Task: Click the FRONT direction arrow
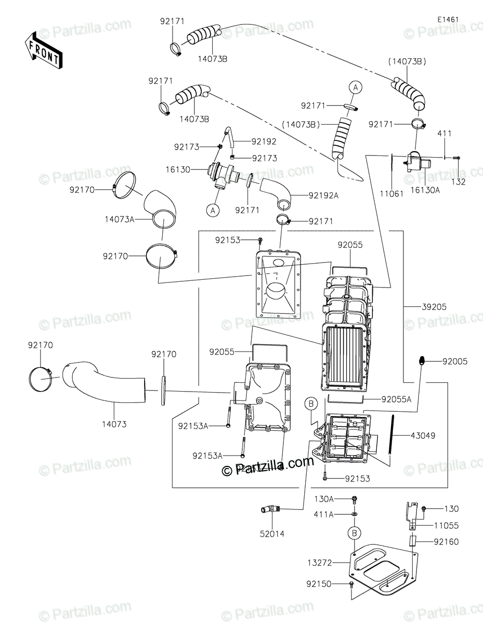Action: tap(43, 50)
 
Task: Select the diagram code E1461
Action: tap(448, 19)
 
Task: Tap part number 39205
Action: tap(435, 307)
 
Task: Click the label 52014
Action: tap(273, 533)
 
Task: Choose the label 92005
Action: tap(455, 360)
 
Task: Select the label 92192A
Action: tap(323, 196)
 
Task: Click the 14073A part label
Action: tap(120, 219)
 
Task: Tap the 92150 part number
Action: tap(319, 584)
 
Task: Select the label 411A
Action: tap(324, 514)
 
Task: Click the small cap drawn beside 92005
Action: tap(423, 360)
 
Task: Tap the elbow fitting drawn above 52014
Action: tap(270, 510)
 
